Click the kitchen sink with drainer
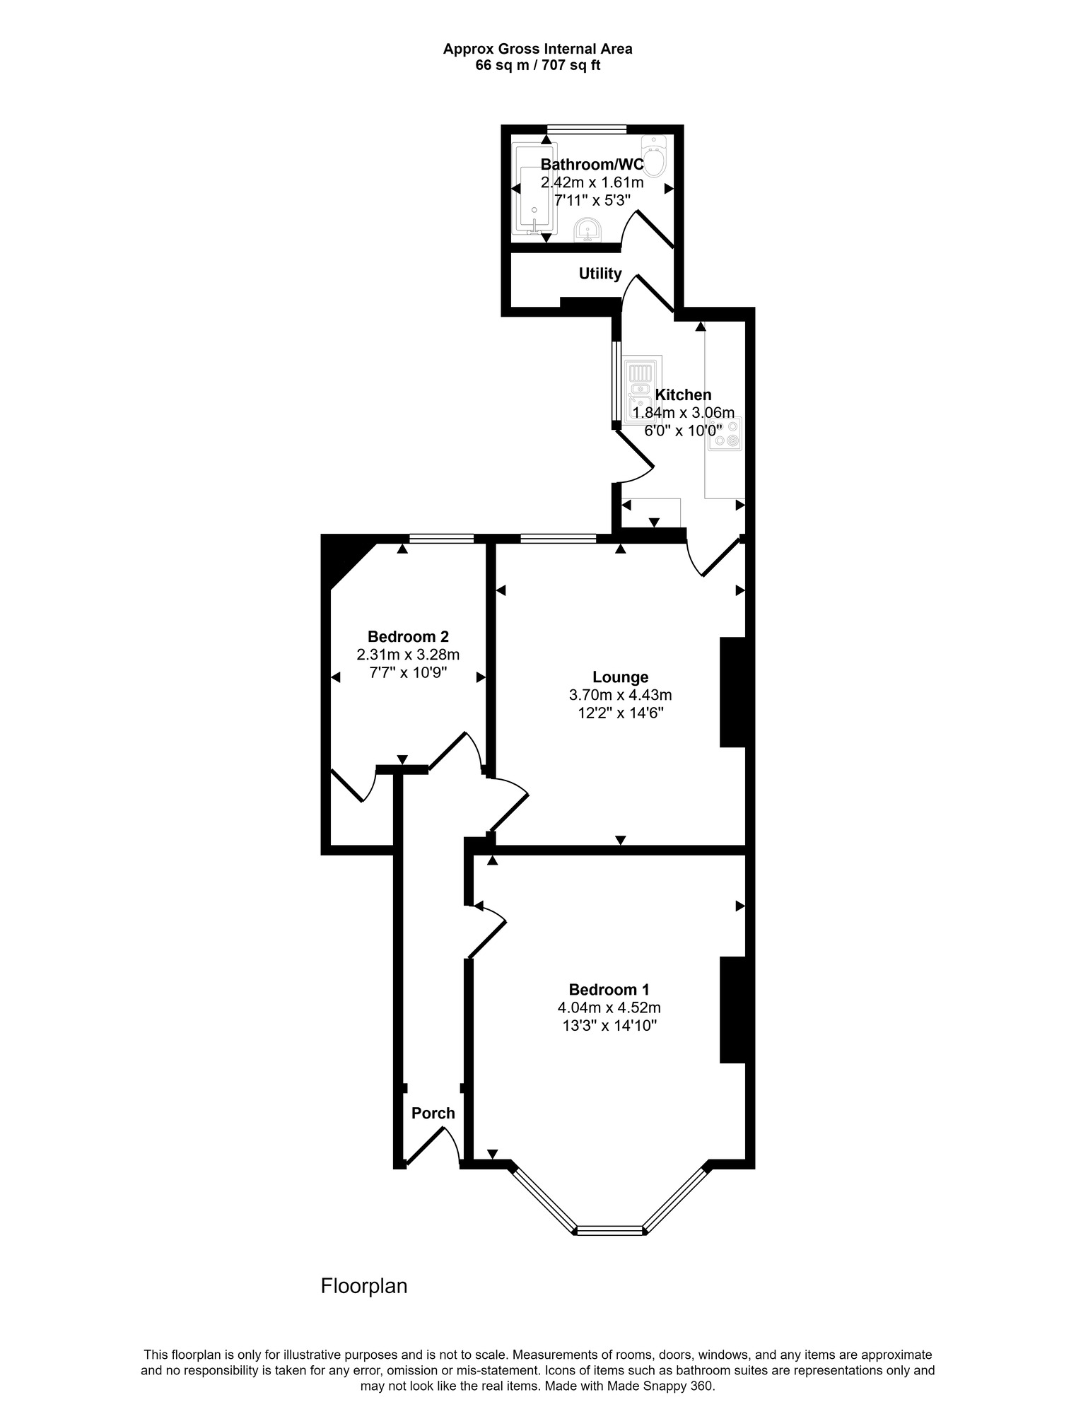click(642, 391)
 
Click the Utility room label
click(600, 274)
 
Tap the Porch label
click(433, 1113)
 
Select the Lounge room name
click(620, 677)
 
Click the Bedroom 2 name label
click(408, 636)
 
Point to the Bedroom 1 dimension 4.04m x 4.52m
click(609, 1007)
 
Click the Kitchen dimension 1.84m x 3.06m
click(683, 412)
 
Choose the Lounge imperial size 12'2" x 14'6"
click(620, 713)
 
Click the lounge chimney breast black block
click(732, 692)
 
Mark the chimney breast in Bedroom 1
click(732, 1010)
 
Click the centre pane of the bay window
click(609, 1230)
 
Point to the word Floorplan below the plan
click(364, 1286)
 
